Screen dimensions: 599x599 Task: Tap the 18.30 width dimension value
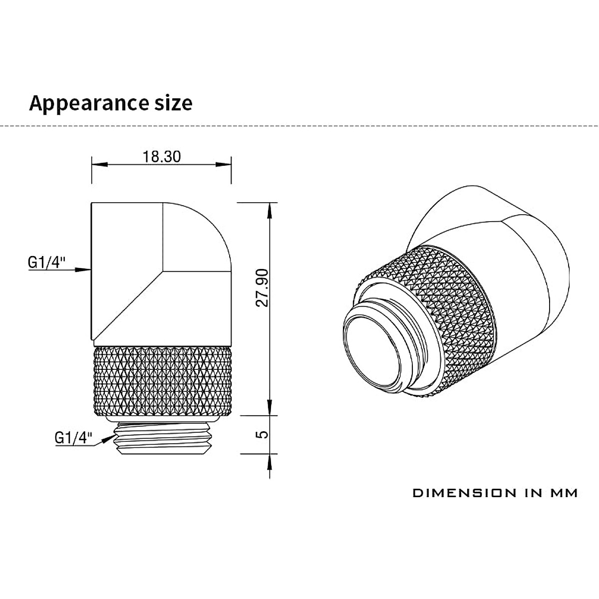(x=161, y=157)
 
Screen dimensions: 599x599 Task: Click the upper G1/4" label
(x=46, y=263)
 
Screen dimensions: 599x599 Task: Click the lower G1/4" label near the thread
(x=73, y=438)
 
